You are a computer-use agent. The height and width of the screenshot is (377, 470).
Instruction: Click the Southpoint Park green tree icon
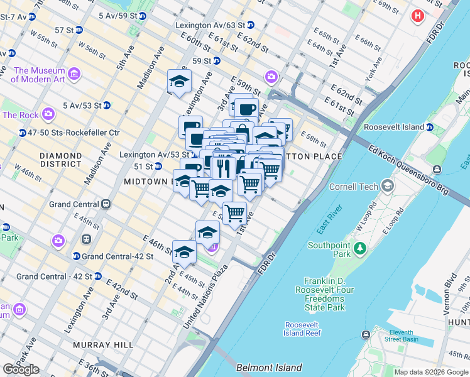[359, 249]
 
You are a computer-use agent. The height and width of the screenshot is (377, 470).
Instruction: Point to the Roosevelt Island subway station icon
[430, 127]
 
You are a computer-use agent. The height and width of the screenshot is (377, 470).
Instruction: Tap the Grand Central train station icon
[106, 204]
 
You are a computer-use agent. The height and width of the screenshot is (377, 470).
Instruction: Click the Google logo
[21, 369]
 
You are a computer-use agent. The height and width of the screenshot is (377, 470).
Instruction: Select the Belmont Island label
[269, 368]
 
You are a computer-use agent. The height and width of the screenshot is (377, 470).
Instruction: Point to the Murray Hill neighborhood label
[103, 345]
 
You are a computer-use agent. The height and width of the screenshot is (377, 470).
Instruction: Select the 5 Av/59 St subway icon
[143, 16]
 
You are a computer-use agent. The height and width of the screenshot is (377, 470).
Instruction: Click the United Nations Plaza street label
[205, 296]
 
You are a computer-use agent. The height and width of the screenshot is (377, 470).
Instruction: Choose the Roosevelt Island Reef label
[303, 329]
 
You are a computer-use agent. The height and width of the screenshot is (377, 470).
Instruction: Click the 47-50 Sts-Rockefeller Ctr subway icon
[22, 133]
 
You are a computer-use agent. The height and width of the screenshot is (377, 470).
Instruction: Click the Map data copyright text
[430, 372]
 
